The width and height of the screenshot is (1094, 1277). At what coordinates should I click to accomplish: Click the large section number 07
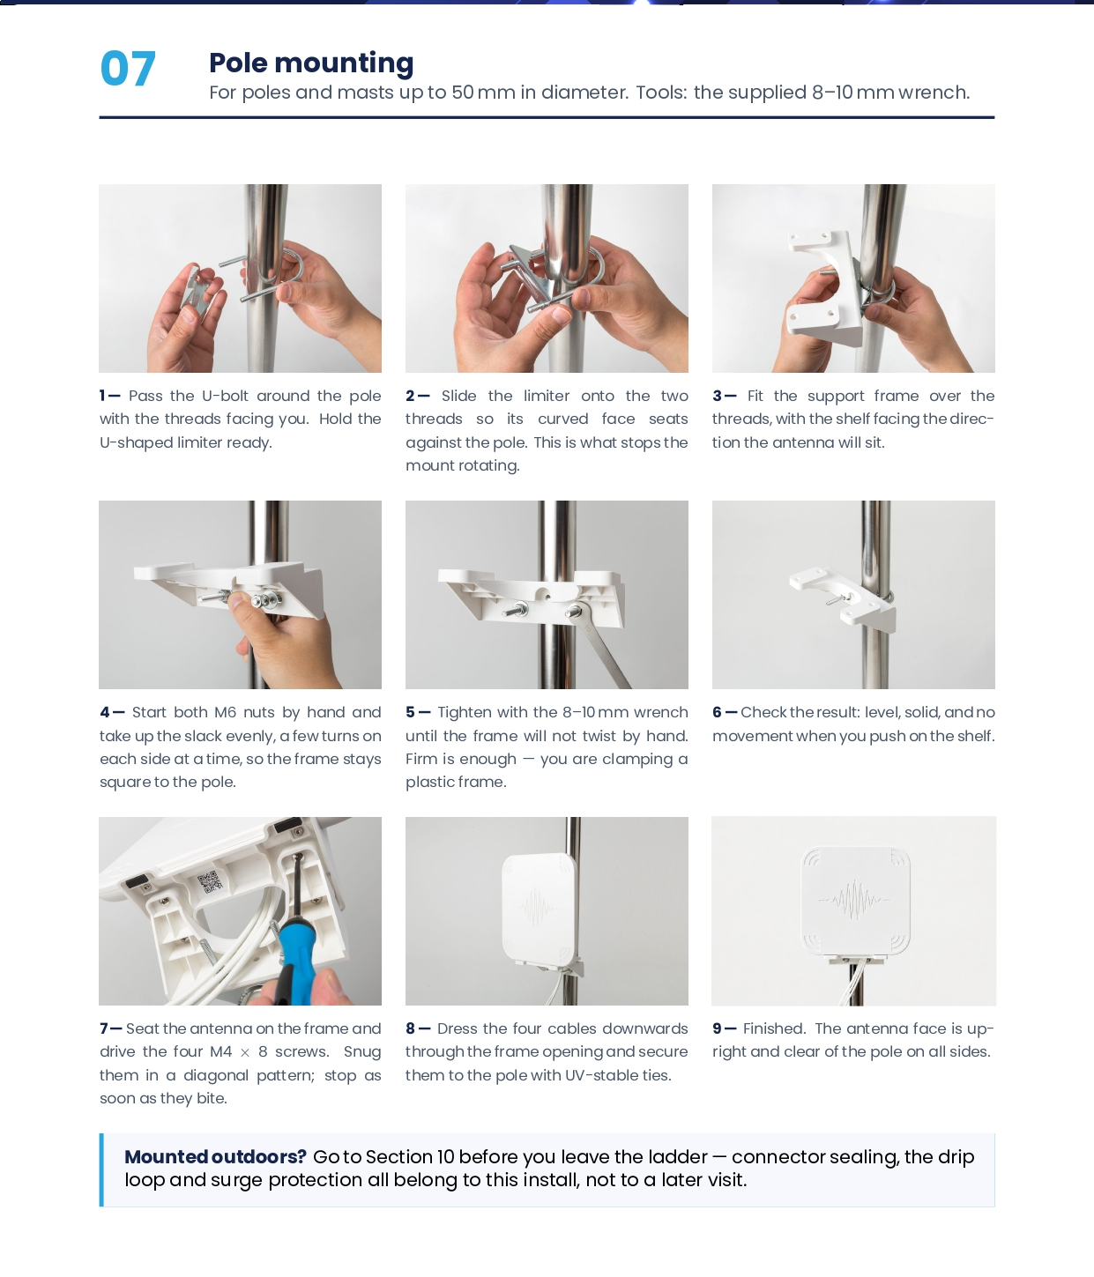[x=127, y=69]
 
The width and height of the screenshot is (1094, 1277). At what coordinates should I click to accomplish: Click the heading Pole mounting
[x=311, y=63]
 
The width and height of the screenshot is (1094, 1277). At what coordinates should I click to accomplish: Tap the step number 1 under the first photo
[x=102, y=396]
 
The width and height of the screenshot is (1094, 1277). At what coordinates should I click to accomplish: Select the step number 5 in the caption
[x=410, y=712]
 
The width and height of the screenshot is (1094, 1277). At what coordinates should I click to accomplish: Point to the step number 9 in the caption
[x=717, y=1028]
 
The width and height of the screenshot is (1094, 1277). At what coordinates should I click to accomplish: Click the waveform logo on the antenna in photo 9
[x=855, y=900]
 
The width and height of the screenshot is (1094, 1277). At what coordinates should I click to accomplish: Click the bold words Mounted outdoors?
[x=216, y=1156]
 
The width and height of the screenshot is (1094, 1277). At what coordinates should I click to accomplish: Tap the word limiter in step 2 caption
[x=547, y=396]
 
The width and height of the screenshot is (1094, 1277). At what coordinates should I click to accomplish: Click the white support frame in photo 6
[x=844, y=596]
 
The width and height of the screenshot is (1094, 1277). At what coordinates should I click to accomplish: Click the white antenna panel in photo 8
[x=539, y=907]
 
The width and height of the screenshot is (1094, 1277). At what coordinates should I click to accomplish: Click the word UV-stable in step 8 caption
[x=594, y=1075]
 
